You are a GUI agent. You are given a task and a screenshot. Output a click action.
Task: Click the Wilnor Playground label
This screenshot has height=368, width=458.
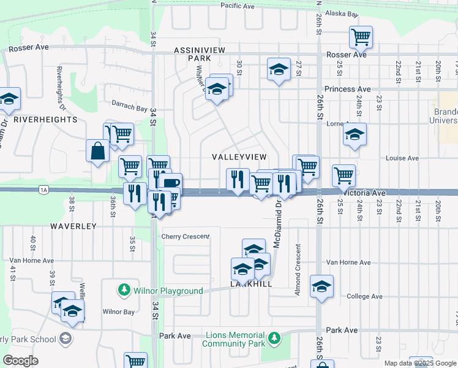tap(168, 291)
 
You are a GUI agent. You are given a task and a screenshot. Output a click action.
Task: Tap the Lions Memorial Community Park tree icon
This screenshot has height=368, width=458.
tap(274, 337)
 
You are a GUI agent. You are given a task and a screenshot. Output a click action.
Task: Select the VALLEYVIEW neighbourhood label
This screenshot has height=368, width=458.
tap(239, 157)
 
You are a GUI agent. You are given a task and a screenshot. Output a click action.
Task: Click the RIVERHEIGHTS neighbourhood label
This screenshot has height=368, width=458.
tap(45, 119)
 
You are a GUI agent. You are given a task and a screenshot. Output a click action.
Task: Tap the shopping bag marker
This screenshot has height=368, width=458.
tap(98, 150)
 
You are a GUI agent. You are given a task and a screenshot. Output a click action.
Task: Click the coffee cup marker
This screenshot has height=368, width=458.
tap(171, 183)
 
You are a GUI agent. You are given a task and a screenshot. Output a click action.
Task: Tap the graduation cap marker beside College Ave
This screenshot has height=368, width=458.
tap(321, 286)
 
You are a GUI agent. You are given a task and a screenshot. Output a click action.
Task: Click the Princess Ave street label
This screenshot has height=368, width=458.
tap(348, 89)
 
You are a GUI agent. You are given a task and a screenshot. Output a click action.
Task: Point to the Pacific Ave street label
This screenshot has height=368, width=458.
tap(238, 6)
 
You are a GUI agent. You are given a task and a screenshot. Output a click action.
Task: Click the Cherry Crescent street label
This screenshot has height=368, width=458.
tap(185, 236)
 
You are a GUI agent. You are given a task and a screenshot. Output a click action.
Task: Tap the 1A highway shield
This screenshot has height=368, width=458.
tap(43, 190)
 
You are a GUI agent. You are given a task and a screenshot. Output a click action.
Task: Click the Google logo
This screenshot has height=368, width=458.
tap(21, 361)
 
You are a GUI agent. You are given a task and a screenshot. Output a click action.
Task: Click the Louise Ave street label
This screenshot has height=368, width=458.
tap(402, 158)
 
